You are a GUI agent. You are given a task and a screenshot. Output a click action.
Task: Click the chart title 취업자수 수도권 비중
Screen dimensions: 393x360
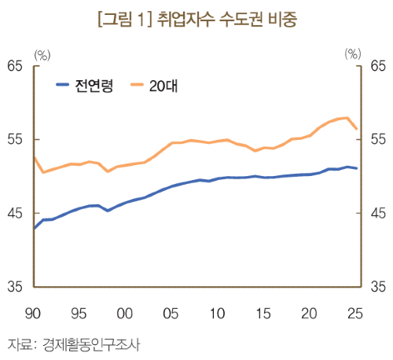tap(227, 19)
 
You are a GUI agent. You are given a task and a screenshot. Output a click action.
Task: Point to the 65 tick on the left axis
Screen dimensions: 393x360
tap(14, 65)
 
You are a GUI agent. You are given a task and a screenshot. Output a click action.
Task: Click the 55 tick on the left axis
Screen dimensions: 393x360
tap(14, 139)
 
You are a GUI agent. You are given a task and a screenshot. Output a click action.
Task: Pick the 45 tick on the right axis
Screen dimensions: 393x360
tap(378, 213)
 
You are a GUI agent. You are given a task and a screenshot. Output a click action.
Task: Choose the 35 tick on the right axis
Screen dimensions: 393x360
tap(378, 286)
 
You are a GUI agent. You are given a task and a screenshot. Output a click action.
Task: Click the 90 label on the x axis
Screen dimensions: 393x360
tap(33, 314)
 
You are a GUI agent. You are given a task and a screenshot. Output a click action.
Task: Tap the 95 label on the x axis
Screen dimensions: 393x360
tap(79, 314)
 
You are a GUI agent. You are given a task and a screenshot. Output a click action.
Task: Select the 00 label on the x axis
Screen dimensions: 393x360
tap(125, 314)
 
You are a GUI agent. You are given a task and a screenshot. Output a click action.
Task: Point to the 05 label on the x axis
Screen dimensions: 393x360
tap(171, 314)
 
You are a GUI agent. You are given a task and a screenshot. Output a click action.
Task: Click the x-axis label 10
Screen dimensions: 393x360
tap(217, 314)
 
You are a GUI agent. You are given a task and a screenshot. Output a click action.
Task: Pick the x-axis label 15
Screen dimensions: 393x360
tap(263, 314)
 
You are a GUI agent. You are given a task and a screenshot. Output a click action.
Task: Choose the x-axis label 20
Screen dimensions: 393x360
tap(309, 314)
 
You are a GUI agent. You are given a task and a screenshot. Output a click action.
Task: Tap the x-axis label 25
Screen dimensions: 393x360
tap(355, 314)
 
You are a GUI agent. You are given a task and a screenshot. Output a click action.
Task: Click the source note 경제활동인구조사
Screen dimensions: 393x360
tap(91, 345)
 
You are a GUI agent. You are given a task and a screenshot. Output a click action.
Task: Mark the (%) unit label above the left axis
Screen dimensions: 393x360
tap(42, 55)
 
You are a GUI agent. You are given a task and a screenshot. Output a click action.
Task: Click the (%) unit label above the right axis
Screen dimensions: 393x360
tap(353, 54)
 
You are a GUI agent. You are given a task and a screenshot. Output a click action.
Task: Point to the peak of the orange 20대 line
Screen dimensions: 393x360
tap(347, 118)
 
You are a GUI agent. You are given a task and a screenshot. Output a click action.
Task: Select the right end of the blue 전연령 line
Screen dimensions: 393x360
tap(357, 168)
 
